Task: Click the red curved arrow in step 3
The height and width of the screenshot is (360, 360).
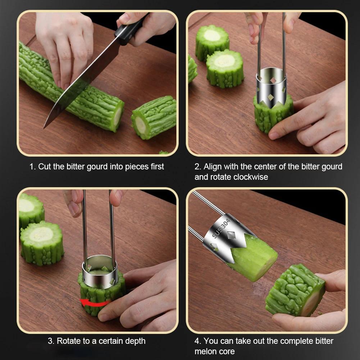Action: (94, 303)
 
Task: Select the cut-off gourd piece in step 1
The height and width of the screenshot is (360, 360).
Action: (154, 117)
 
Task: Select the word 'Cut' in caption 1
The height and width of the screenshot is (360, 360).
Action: (45, 167)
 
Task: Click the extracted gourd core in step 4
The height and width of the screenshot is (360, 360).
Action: (254, 258)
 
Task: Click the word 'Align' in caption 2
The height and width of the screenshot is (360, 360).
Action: (213, 167)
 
